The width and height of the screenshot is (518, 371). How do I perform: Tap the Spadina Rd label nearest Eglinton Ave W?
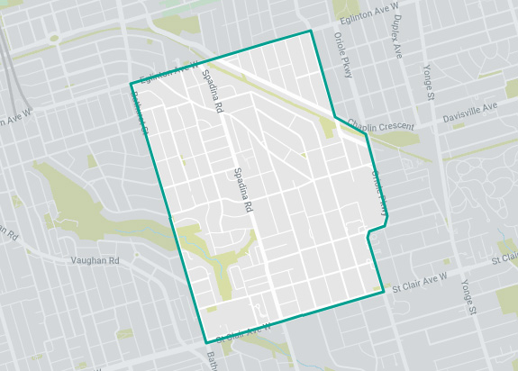tap(213, 91)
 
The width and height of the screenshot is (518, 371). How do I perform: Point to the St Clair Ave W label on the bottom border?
tap(243, 333)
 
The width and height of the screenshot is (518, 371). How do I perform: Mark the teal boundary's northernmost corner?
tap(311, 31)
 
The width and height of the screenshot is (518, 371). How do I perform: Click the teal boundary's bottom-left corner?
tap(206, 342)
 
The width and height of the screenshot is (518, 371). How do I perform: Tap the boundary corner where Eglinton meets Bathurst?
tap(132, 86)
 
